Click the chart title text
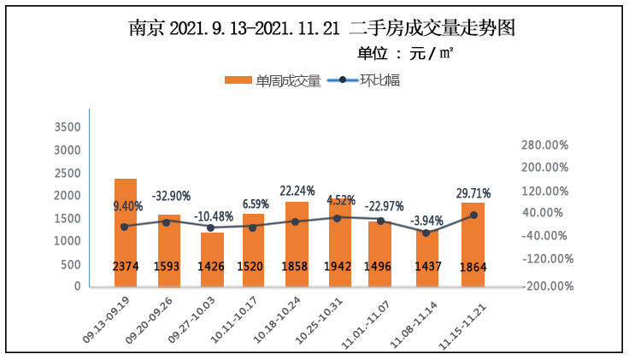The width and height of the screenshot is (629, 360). (x=322, y=27)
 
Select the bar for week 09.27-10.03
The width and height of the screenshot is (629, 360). (x=213, y=257)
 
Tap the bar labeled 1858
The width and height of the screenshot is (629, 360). (x=297, y=244)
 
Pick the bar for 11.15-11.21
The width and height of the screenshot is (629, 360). (x=473, y=244)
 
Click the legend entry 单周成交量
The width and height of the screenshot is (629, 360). (x=273, y=80)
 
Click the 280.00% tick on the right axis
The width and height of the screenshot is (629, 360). (x=544, y=145)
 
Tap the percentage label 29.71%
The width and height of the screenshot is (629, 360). (x=473, y=193)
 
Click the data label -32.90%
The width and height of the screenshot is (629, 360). (x=171, y=196)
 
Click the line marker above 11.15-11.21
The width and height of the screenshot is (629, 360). (x=473, y=215)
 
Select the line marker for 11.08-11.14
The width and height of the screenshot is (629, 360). (x=426, y=233)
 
